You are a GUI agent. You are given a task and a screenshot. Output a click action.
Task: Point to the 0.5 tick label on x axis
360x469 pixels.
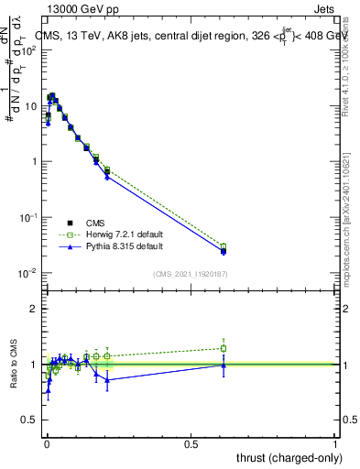[x=191, y=444]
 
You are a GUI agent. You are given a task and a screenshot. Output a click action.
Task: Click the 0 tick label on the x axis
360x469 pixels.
[x=47, y=444]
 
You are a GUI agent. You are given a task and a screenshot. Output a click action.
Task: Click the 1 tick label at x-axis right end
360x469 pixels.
[x=335, y=444]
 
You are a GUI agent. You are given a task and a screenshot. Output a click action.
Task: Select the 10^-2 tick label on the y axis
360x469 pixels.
[x=28, y=273]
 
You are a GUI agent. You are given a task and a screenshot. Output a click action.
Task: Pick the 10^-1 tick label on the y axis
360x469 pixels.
[x=28, y=217]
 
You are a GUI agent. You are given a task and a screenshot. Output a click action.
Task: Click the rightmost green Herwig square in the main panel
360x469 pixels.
[x=224, y=246]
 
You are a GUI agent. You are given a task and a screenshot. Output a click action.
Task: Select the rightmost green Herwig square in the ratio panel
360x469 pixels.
[x=224, y=348]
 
